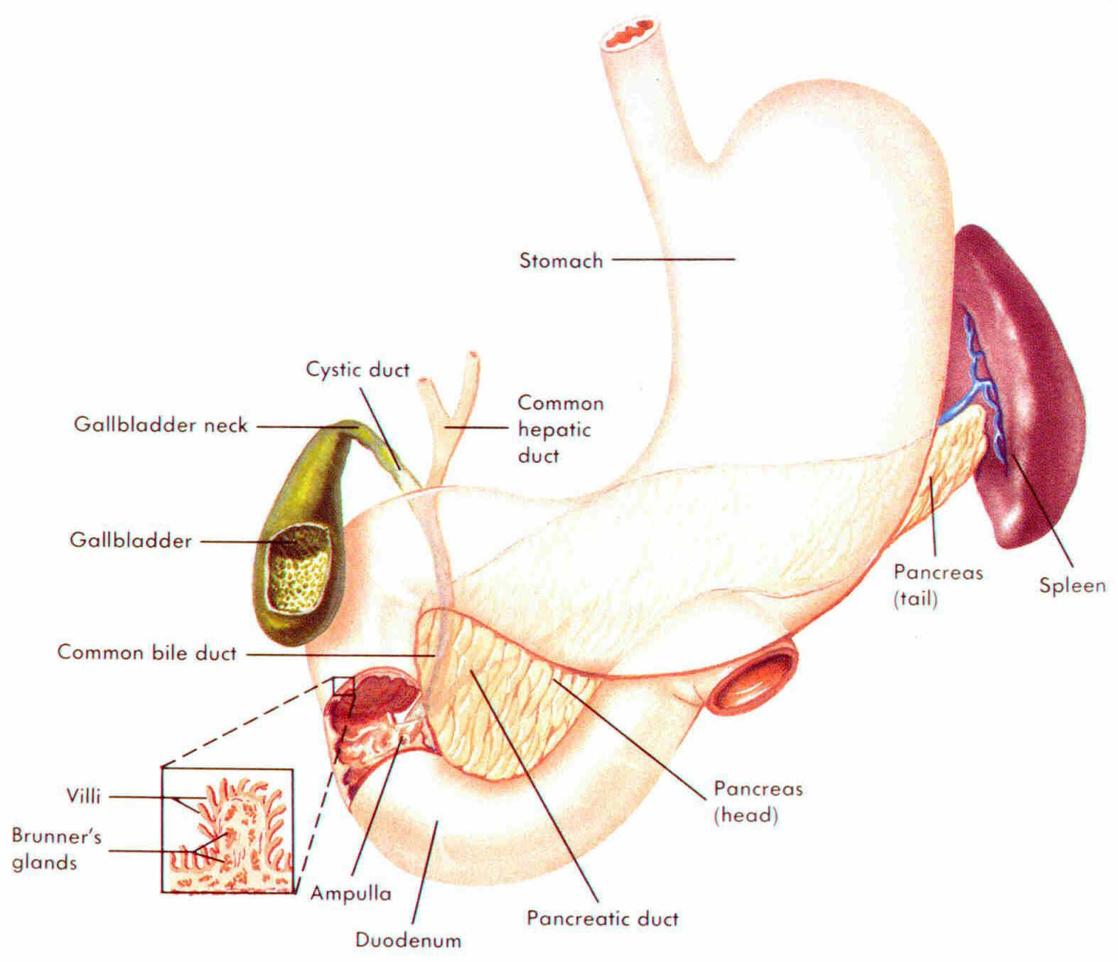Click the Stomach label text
click(x=561, y=260)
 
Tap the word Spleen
click(x=1072, y=586)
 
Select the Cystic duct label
click(x=358, y=370)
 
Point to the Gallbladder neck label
click(x=161, y=425)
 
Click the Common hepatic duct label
click(x=560, y=429)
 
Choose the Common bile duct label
click(x=146, y=653)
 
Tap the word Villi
click(x=83, y=796)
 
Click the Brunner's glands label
click(x=55, y=849)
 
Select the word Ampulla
click(x=350, y=893)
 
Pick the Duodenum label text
click(x=408, y=940)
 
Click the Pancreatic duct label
click(x=602, y=918)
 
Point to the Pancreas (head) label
click(x=758, y=801)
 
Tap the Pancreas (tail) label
click(x=937, y=585)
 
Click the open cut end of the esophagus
click(x=628, y=34)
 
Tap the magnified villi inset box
click(x=227, y=830)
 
